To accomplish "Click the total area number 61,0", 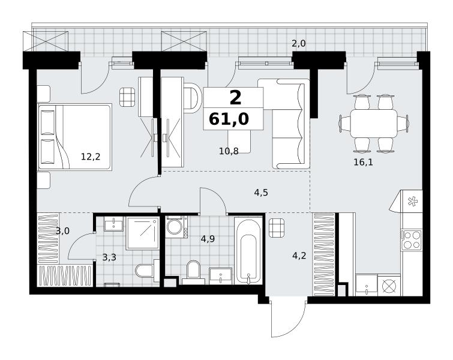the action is coord(229,119).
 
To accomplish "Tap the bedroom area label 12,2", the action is coord(91,157).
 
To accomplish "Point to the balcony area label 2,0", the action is coord(298,44).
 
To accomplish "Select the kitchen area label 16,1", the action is coord(363,163).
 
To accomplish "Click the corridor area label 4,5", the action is coord(261,193).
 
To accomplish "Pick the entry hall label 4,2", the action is coord(299,256).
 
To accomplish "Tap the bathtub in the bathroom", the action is coord(248,251).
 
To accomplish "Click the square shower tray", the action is coord(143,233).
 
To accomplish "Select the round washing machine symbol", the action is coord(174,227).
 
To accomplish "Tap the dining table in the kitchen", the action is coord(374,123).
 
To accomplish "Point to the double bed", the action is coord(74,137).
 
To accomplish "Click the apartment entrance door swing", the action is coord(288,318).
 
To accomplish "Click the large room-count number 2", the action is coord(235,98).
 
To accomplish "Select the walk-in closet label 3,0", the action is coord(62,231).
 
